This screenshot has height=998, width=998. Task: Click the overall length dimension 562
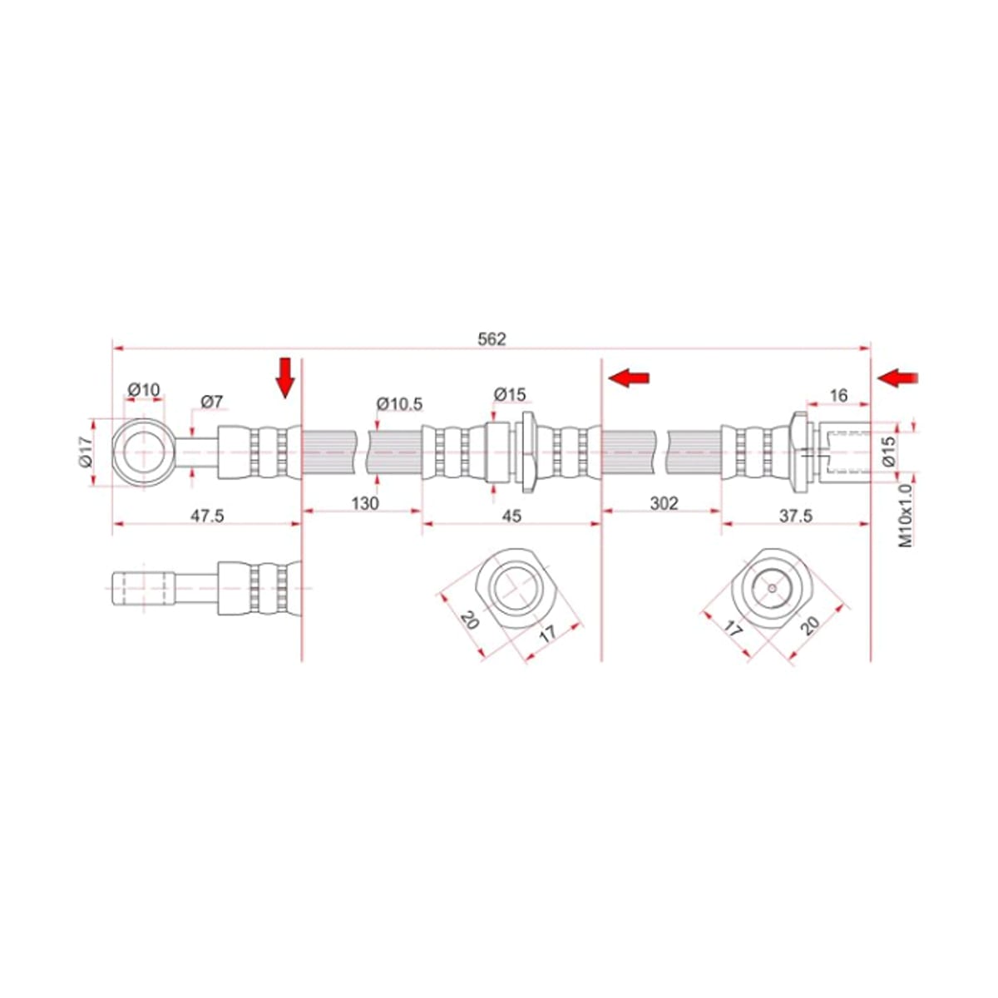click(x=491, y=338)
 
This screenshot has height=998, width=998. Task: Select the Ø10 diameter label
click(x=143, y=389)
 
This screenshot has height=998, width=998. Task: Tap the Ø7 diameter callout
click(x=211, y=401)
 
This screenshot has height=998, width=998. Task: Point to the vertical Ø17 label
click(x=85, y=452)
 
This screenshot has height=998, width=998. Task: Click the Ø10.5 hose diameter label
click(x=399, y=403)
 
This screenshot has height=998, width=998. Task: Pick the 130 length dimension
click(x=364, y=502)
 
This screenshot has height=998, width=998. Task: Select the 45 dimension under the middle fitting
click(x=511, y=516)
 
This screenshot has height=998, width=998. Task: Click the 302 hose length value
click(x=664, y=502)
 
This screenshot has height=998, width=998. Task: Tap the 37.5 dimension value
click(x=796, y=516)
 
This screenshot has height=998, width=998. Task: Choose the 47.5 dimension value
click(x=207, y=516)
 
